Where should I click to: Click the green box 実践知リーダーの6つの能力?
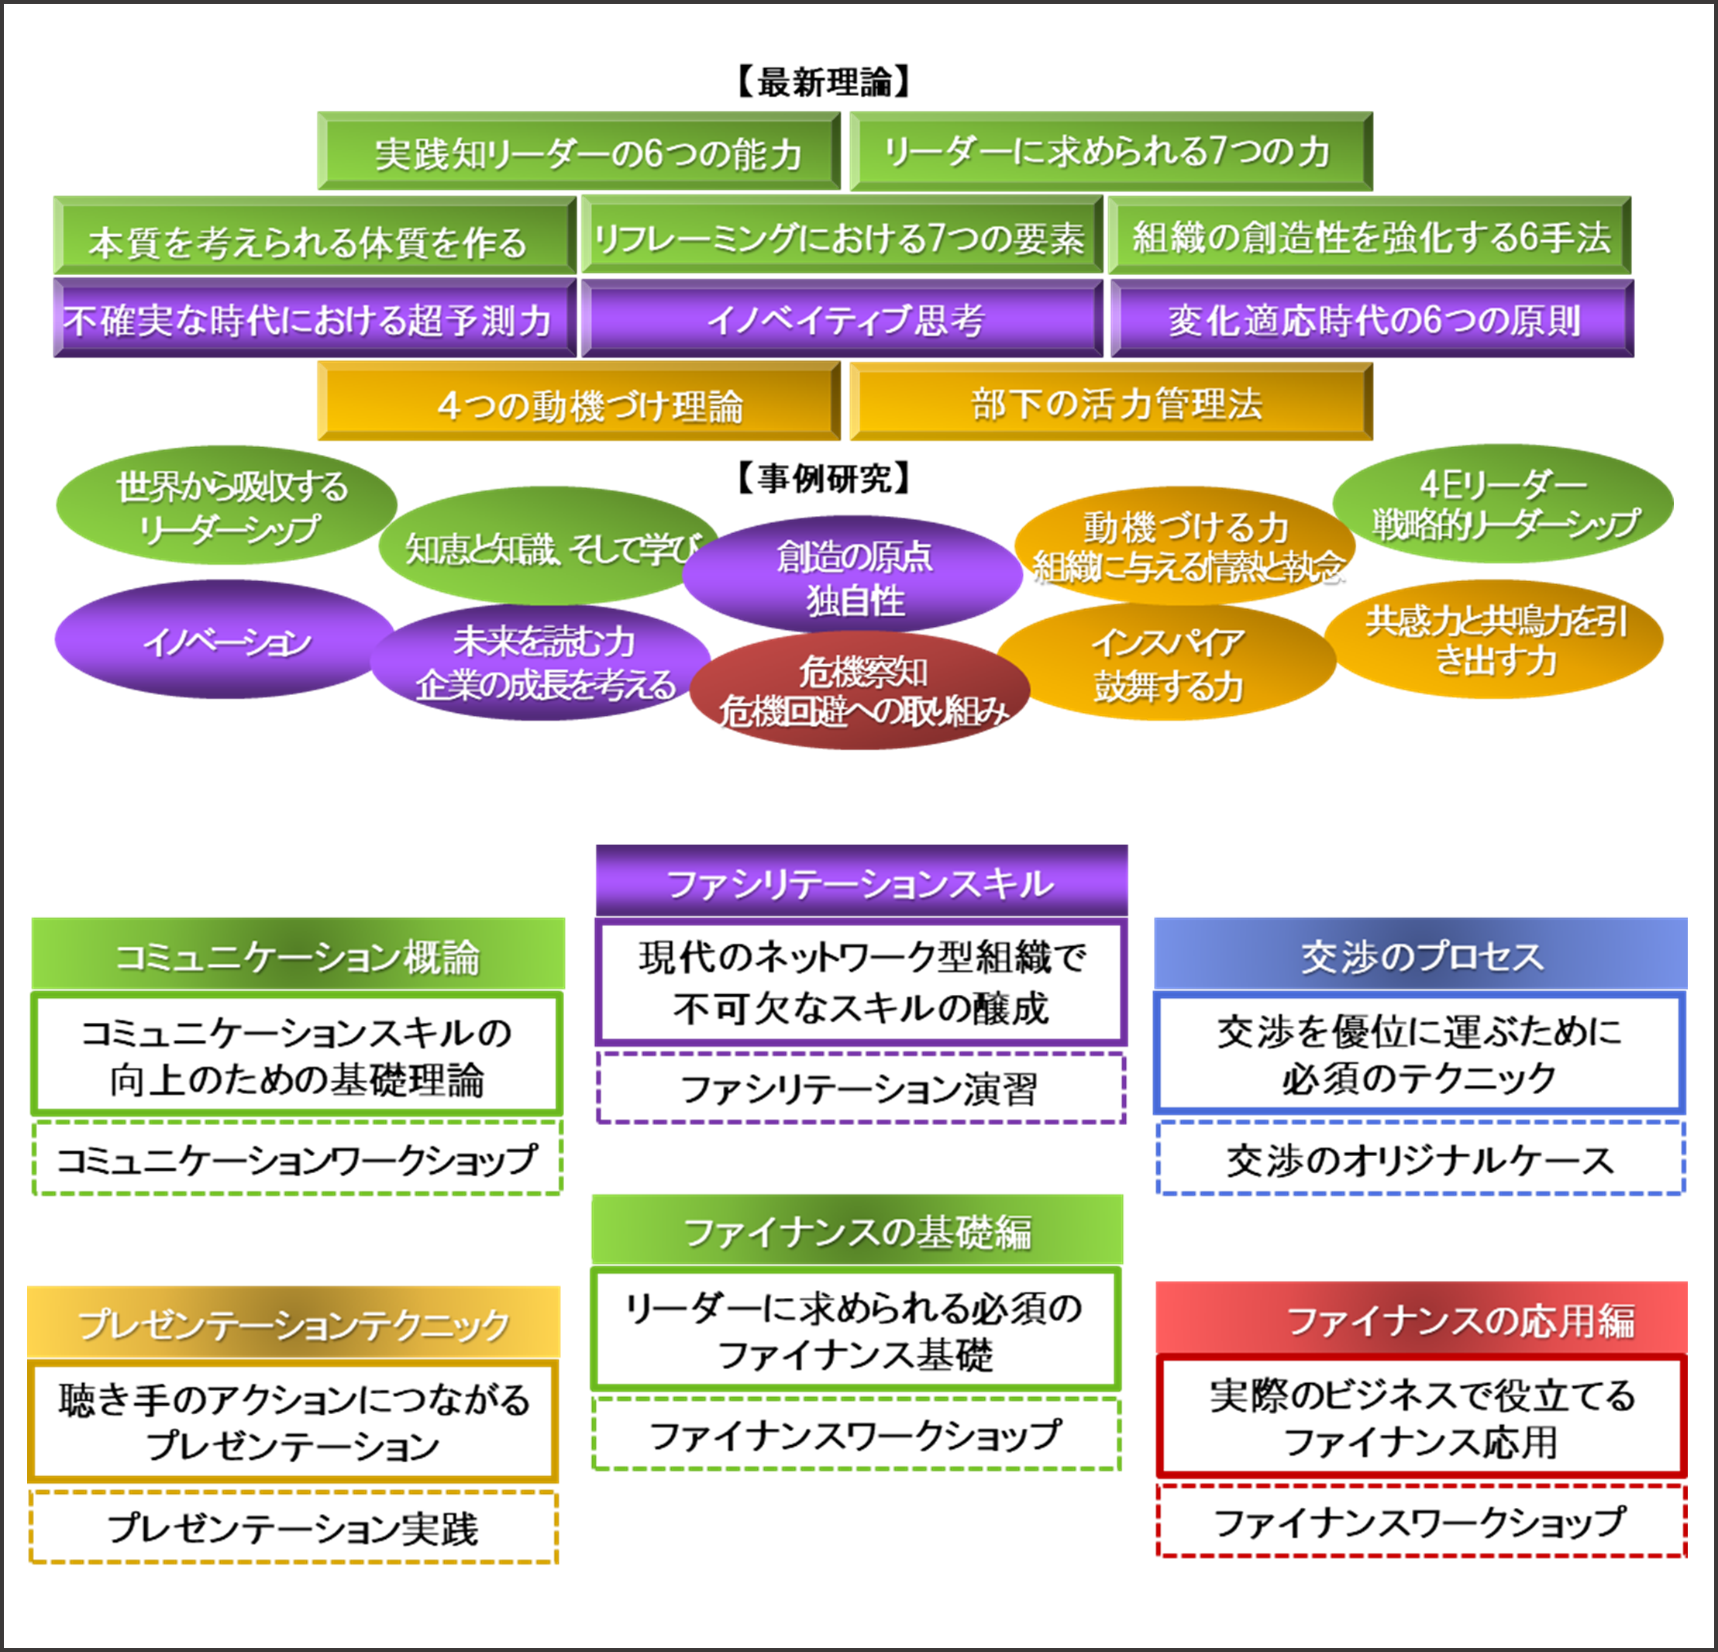(579, 152)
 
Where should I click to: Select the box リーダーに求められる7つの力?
(1110, 152)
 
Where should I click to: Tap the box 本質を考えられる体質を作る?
(315, 236)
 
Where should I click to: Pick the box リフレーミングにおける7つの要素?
(842, 236)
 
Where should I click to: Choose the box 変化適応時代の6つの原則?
(1372, 319)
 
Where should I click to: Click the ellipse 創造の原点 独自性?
(853, 575)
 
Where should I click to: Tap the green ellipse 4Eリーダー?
(1502, 503)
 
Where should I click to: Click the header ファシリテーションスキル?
(861, 881)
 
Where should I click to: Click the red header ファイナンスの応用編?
(1420, 1318)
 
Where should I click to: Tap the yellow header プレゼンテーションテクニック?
(294, 1323)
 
